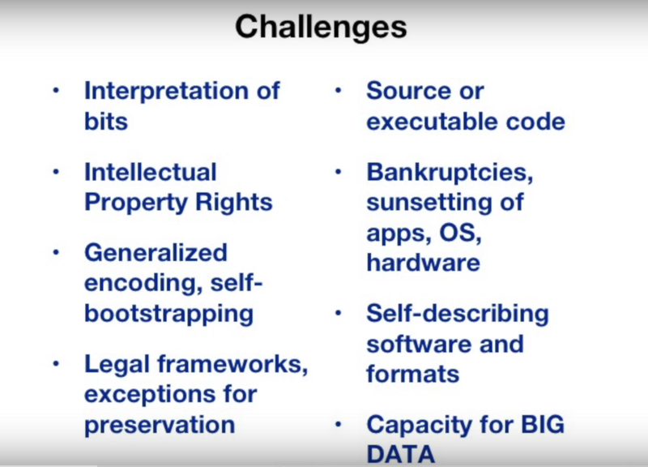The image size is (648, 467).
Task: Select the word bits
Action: [x=106, y=121]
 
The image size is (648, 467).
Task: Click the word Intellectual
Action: [x=151, y=172]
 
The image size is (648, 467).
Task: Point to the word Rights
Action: [x=233, y=204]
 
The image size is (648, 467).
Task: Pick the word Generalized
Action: [x=156, y=252]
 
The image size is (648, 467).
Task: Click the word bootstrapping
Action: [x=169, y=315]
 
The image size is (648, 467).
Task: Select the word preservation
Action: [x=160, y=425]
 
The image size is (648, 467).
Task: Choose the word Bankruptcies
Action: [x=450, y=172]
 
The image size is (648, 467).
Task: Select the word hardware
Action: [x=423, y=263]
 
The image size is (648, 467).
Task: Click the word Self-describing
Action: [x=458, y=315]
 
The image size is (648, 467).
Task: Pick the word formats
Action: [x=413, y=374]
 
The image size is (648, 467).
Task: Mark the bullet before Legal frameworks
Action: [x=56, y=364]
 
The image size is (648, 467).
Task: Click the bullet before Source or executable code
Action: [x=338, y=91]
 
